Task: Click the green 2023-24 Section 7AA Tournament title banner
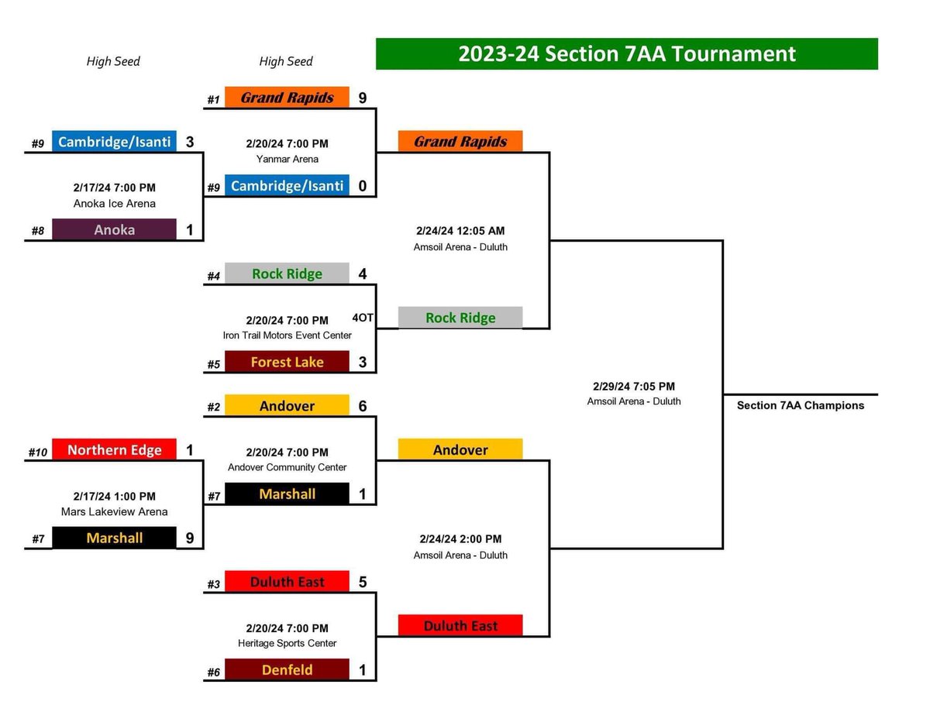point(626,54)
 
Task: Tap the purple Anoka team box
point(115,230)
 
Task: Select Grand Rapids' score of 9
point(362,98)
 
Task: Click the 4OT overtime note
point(363,318)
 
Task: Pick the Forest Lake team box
point(287,362)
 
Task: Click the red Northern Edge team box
point(115,450)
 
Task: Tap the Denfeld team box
point(287,669)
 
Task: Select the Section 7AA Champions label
point(800,405)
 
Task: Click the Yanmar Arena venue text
point(288,159)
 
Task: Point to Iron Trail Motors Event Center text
point(288,335)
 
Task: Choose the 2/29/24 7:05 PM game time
point(633,386)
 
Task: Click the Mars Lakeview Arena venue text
point(115,511)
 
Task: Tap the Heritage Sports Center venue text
point(288,643)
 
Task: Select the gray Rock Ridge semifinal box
point(460,318)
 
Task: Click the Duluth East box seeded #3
point(287,582)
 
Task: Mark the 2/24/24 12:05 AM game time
point(460,231)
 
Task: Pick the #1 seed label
point(213,100)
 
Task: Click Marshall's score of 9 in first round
point(190,538)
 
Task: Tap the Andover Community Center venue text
point(288,467)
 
